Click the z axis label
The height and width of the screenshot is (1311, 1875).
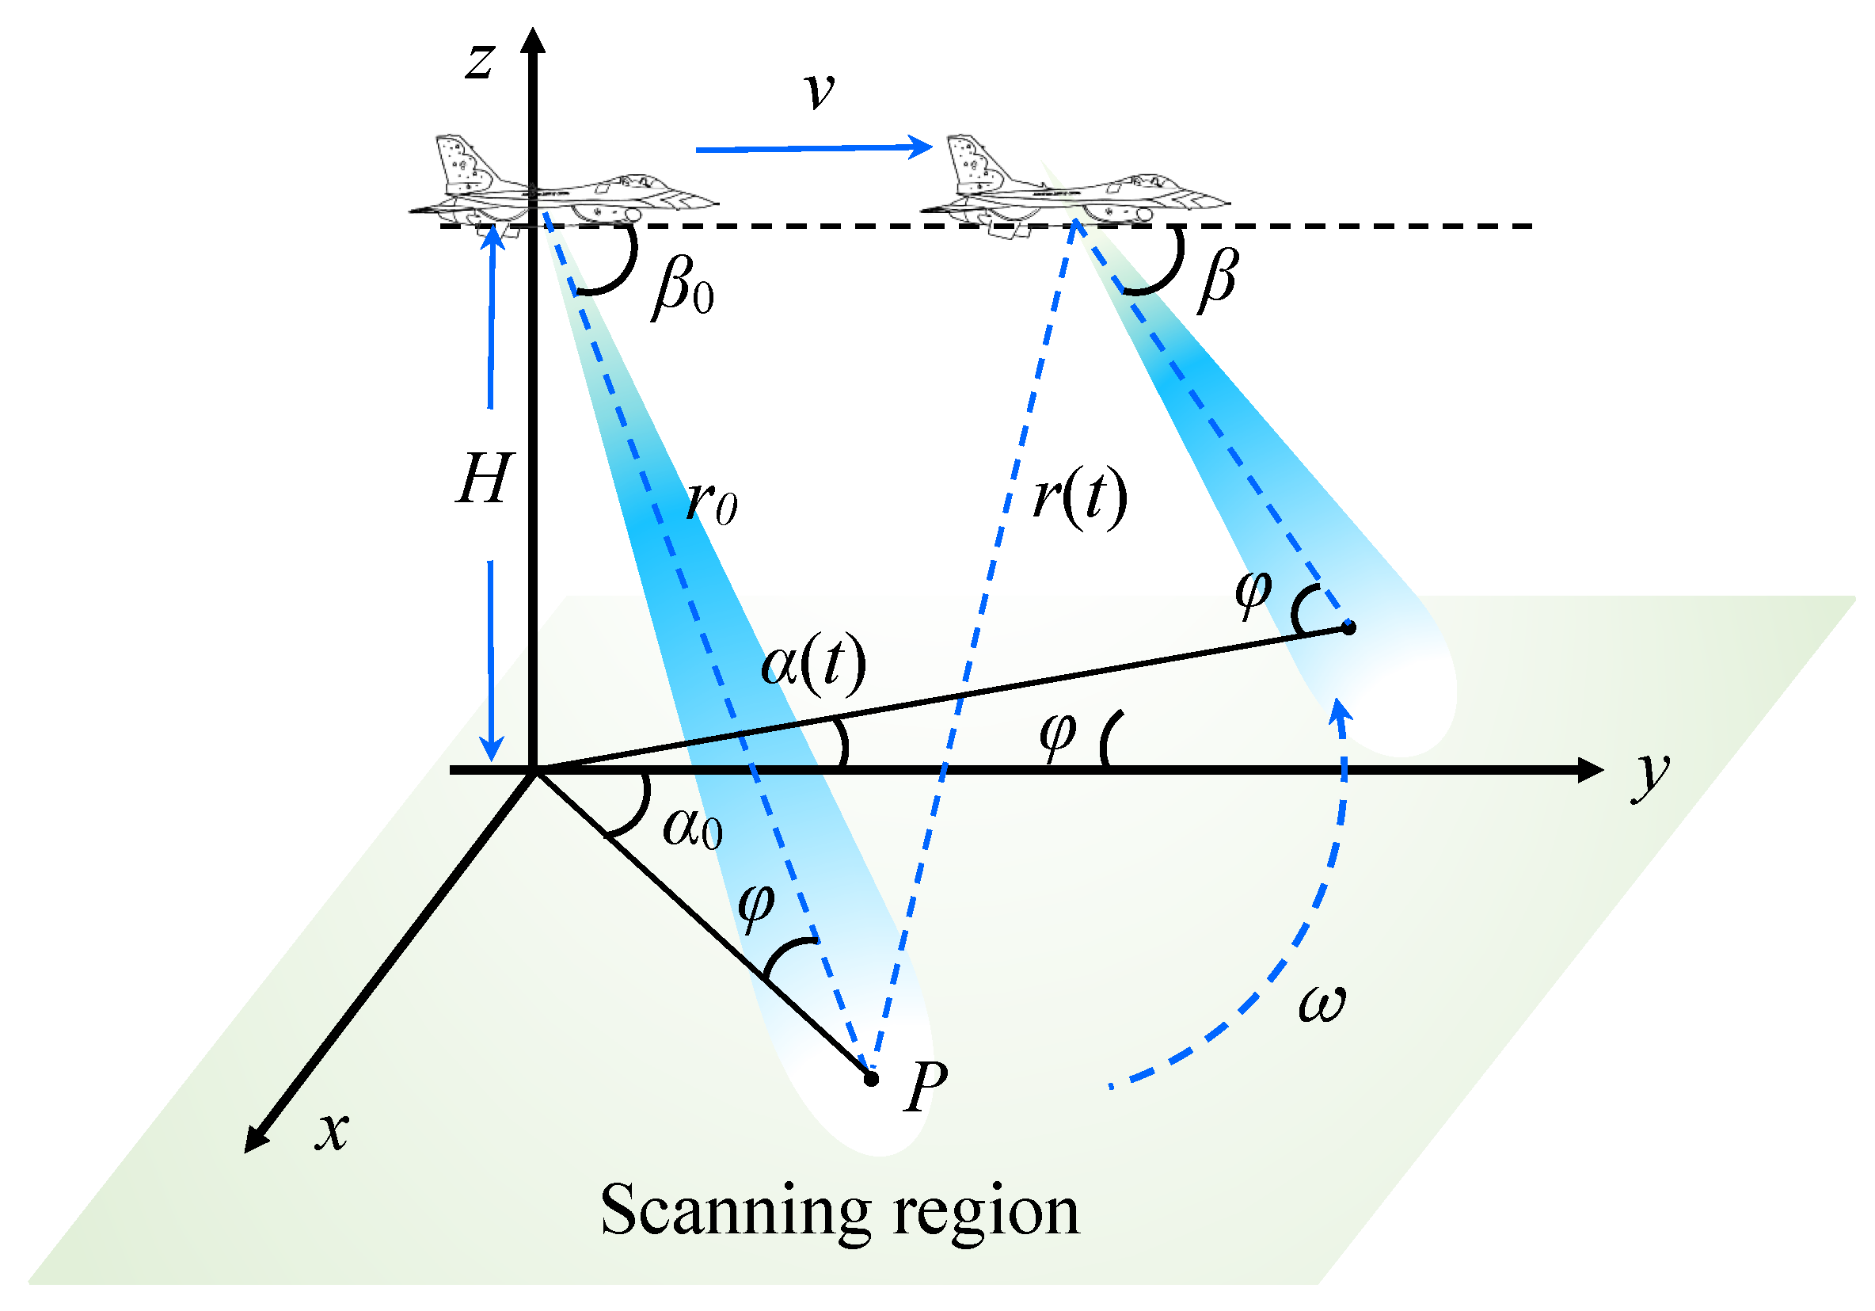pos(480,61)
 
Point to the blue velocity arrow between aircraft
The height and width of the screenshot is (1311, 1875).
pos(812,148)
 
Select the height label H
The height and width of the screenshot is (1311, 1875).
pos(483,478)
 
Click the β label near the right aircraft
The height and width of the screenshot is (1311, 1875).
pos(1218,279)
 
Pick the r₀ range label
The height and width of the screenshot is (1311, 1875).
pos(711,501)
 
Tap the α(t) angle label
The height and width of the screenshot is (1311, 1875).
pos(813,663)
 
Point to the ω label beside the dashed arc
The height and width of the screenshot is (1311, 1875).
pos(1322,1003)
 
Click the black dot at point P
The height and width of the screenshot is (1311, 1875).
pos(870,1079)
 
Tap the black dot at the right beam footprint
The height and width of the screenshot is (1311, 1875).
pos(1349,627)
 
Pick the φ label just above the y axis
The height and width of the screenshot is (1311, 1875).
pos(1058,733)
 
